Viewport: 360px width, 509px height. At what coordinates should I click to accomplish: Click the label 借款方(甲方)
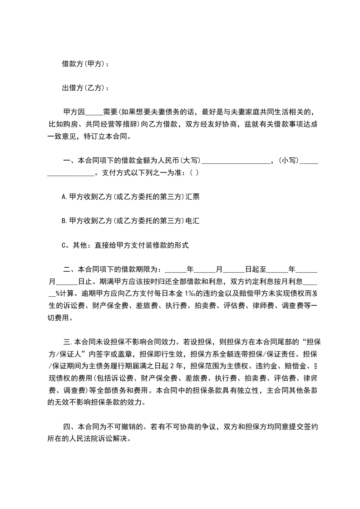[x=85, y=64]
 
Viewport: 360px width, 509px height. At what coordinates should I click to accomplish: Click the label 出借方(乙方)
[x=85, y=88]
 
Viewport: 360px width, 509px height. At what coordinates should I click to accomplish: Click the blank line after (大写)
[x=236, y=160]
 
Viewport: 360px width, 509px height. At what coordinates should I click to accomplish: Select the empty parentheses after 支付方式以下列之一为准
[x=194, y=172]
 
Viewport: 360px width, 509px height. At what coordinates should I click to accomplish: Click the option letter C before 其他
[x=64, y=245]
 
